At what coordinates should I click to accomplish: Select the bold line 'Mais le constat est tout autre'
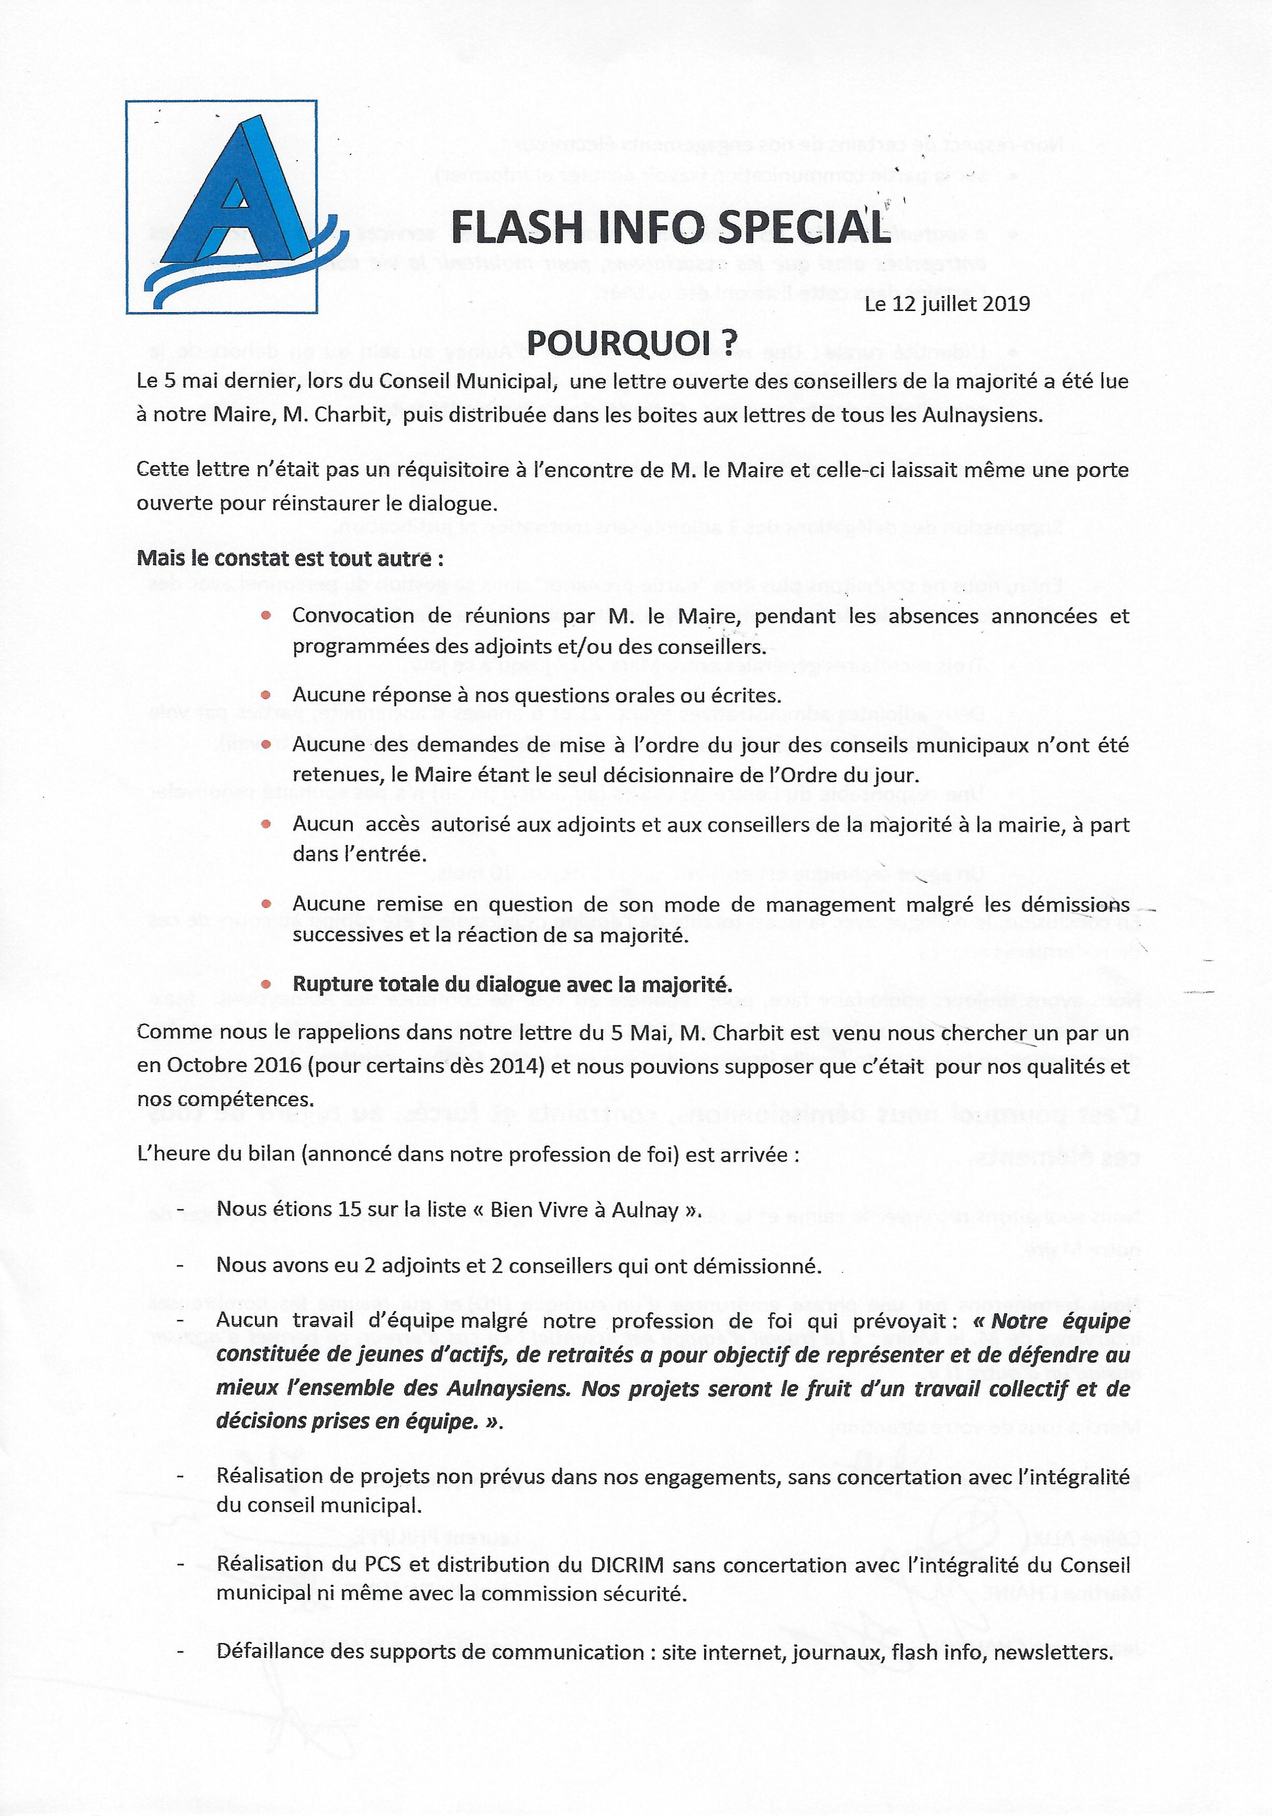[290, 558]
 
